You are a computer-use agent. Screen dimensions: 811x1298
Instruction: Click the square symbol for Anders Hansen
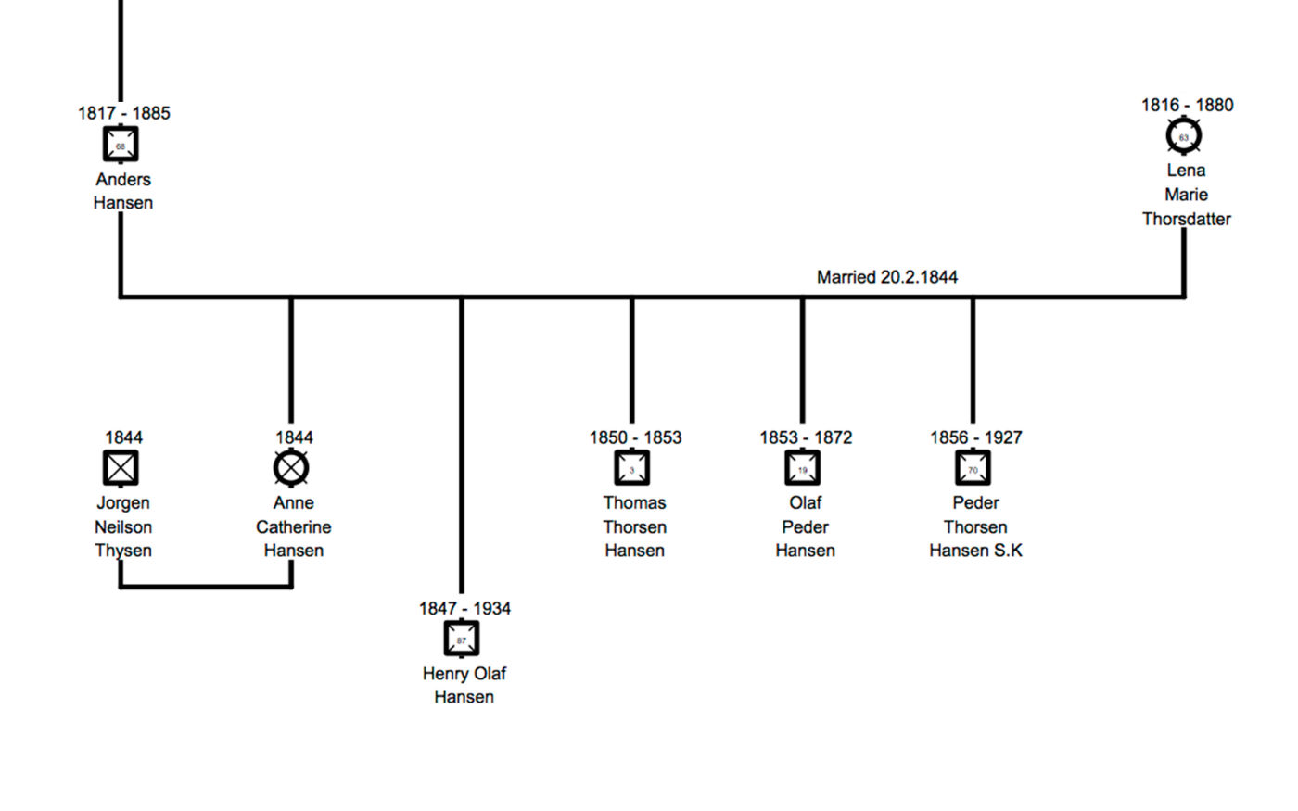(x=121, y=145)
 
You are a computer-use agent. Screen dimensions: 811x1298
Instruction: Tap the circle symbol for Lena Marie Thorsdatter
(x=1183, y=136)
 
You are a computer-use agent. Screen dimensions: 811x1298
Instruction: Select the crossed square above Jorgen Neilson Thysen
(x=121, y=468)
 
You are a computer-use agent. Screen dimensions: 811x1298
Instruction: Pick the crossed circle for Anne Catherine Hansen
(x=291, y=468)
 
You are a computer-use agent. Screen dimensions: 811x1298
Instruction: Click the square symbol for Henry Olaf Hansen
(x=462, y=639)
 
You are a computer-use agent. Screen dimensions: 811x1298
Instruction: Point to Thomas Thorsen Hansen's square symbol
(x=632, y=468)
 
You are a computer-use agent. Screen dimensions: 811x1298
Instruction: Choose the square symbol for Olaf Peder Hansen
(x=803, y=468)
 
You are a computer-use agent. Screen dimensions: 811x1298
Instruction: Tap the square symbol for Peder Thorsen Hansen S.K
(x=973, y=468)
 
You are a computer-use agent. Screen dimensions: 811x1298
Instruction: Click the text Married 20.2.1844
(x=886, y=277)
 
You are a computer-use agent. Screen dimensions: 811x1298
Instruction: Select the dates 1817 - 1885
(x=123, y=113)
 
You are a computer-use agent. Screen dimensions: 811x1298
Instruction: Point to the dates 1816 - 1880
(x=1187, y=105)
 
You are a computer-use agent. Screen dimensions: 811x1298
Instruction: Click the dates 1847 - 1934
(x=464, y=608)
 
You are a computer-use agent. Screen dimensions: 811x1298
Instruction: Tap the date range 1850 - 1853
(x=635, y=437)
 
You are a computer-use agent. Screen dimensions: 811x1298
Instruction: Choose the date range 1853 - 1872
(x=806, y=437)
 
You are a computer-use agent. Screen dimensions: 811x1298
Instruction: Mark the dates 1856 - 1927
(x=975, y=437)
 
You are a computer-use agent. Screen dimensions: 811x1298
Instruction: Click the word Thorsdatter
(x=1186, y=219)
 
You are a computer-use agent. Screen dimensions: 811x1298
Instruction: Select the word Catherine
(x=293, y=526)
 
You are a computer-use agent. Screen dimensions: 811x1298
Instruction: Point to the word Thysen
(x=123, y=551)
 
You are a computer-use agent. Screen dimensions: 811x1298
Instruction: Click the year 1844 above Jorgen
(x=123, y=437)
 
